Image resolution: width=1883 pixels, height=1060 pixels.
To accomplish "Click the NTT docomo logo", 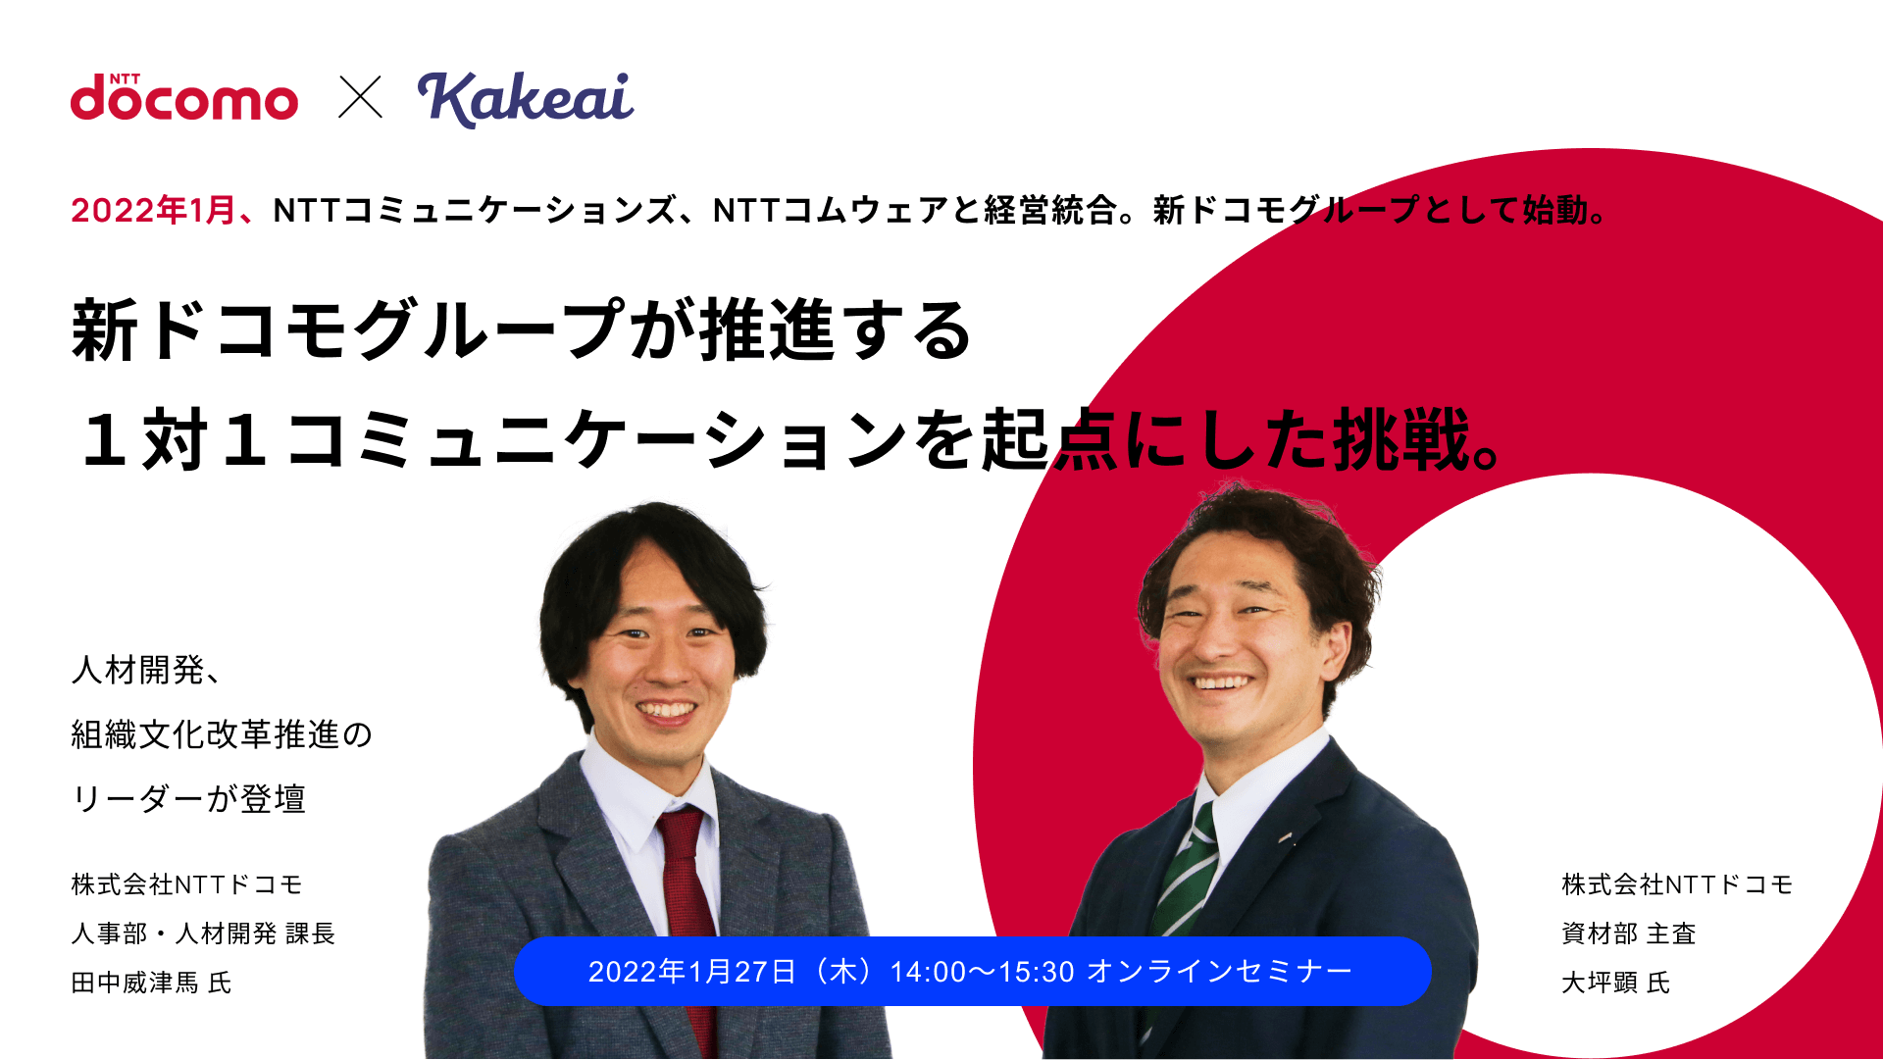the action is (x=184, y=97).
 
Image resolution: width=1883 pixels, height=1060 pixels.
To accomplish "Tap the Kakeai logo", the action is (x=526, y=99).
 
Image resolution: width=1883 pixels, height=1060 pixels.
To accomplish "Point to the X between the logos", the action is (x=361, y=97).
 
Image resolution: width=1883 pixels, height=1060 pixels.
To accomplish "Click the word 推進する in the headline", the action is (x=836, y=330).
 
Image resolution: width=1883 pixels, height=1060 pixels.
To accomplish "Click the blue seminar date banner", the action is (x=972, y=971).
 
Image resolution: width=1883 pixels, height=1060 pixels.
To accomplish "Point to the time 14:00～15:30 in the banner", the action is (x=982, y=972).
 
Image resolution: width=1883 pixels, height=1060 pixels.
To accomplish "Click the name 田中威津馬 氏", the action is (x=151, y=983).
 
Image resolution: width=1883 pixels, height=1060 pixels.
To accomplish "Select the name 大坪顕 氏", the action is (x=1615, y=983).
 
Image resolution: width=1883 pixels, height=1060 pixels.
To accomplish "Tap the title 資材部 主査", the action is (x=1628, y=934).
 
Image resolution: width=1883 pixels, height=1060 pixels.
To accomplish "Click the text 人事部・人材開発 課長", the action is (x=203, y=934).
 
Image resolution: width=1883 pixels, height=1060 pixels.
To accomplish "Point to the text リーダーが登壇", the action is (x=188, y=799).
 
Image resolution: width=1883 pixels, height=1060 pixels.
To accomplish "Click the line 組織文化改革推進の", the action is (x=222, y=734).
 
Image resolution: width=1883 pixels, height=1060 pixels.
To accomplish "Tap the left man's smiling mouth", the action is (x=666, y=709).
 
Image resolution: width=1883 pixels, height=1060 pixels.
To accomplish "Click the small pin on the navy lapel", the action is (x=1285, y=839).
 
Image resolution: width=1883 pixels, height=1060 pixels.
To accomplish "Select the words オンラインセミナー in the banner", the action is (x=1220, y=972).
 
